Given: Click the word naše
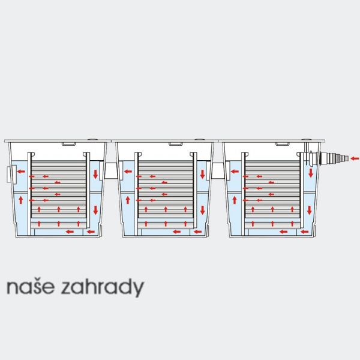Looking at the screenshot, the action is pos(31,287).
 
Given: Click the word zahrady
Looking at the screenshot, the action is pos(103,288).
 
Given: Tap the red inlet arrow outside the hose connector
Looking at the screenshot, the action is pos(355,158).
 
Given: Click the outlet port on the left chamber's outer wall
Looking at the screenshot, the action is pos(11,175).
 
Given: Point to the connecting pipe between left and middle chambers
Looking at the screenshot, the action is pos(111,170).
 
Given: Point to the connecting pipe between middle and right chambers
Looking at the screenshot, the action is pos(218,170).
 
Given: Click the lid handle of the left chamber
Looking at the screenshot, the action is pos(68,144).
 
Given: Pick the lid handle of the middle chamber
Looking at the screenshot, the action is pos(176,144).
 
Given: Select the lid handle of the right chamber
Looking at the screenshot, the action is pos(282,144).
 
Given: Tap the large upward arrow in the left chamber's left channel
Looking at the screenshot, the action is pos(21,200).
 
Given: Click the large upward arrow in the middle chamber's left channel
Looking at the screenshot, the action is pos(128,200).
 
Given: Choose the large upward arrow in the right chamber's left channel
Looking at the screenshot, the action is pos(235,200).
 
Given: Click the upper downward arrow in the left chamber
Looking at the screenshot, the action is pos(95,174).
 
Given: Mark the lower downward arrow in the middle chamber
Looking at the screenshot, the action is pos(203,210).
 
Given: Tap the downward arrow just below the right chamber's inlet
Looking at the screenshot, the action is pos(311,173).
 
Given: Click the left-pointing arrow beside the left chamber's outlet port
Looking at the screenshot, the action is pos(21,171).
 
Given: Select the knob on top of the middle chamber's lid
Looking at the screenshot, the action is pos(199,139).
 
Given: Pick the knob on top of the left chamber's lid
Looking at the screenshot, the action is pos(92,139).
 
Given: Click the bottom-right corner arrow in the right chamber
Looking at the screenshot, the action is pos(304,232).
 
